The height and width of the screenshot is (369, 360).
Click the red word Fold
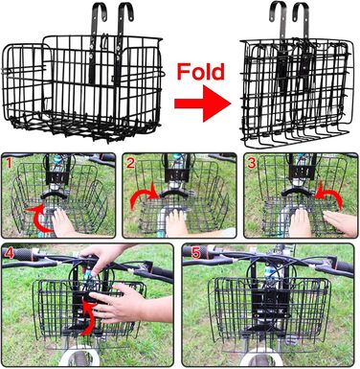coord(201,72)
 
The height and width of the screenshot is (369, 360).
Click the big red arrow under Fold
coord(202,104)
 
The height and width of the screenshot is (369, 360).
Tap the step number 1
coord(9,163)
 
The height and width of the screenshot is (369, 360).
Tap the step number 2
coord(130,163)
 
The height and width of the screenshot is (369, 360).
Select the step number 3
coord(252,163)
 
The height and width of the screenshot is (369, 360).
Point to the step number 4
coord(10,253)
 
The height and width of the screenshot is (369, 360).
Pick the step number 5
coord(195,253)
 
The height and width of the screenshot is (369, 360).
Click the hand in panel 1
coord(64,223)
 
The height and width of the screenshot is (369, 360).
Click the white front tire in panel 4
coord(79,357)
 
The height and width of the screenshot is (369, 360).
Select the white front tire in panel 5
coord(260,357)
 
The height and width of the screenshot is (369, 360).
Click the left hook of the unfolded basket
coord(96,12)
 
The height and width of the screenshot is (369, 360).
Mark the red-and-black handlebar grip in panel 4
coord(19,255)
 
